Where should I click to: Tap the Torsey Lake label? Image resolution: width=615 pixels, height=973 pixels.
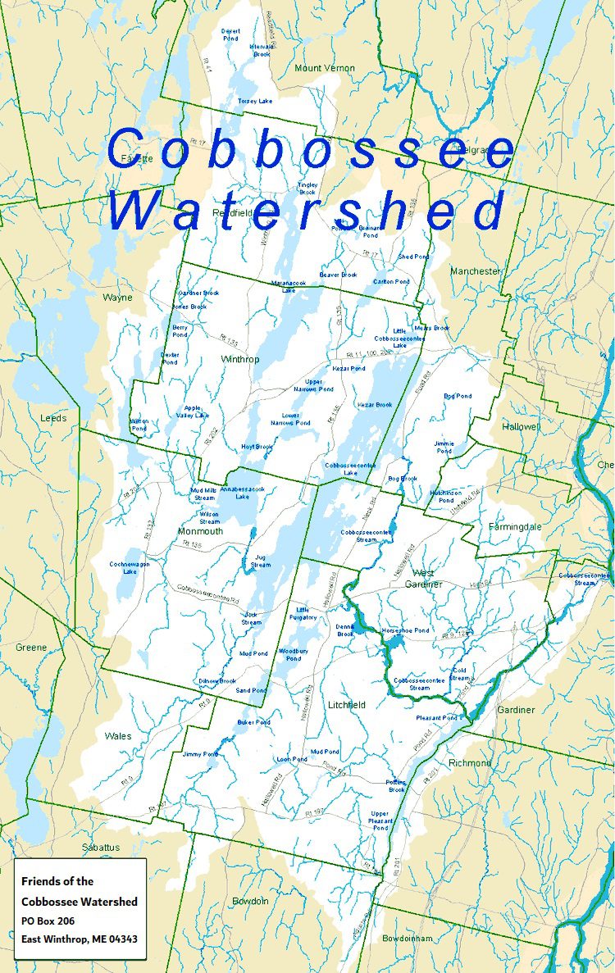click(x=254, y=101)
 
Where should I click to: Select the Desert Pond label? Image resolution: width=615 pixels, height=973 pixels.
click(x=231, y=34)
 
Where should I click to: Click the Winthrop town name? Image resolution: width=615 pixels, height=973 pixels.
click(x=239, y=359)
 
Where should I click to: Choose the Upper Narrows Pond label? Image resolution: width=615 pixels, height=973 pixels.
click(x=314, y=385)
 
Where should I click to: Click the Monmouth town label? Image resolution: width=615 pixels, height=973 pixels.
click(x=200, y=530)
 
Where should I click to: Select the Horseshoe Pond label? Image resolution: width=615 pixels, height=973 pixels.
click(x=405, y=630)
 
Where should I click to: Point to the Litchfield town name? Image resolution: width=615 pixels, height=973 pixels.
click(x=346, y=704)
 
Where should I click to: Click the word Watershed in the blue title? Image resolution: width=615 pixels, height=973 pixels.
click(x=305, y=211)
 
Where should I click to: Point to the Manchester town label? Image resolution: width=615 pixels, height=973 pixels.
click(x=475, y=271)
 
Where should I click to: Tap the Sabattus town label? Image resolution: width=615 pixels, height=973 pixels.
click(x=100, y=847)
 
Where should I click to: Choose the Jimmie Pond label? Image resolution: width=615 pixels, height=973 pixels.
click(x=444, y=447)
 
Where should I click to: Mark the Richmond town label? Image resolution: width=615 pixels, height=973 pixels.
click(x=470, y=763)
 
